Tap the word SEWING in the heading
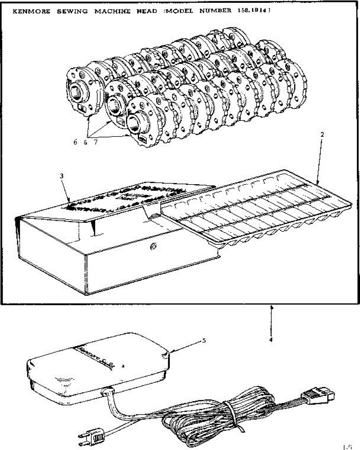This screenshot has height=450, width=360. [x=72, y=11]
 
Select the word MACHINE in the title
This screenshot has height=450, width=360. [x=112, y=11]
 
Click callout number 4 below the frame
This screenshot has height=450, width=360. [x=271, y=340]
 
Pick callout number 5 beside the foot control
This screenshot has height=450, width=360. [x=204, y=340]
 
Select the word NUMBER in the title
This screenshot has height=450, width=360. [x=215, y=11]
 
